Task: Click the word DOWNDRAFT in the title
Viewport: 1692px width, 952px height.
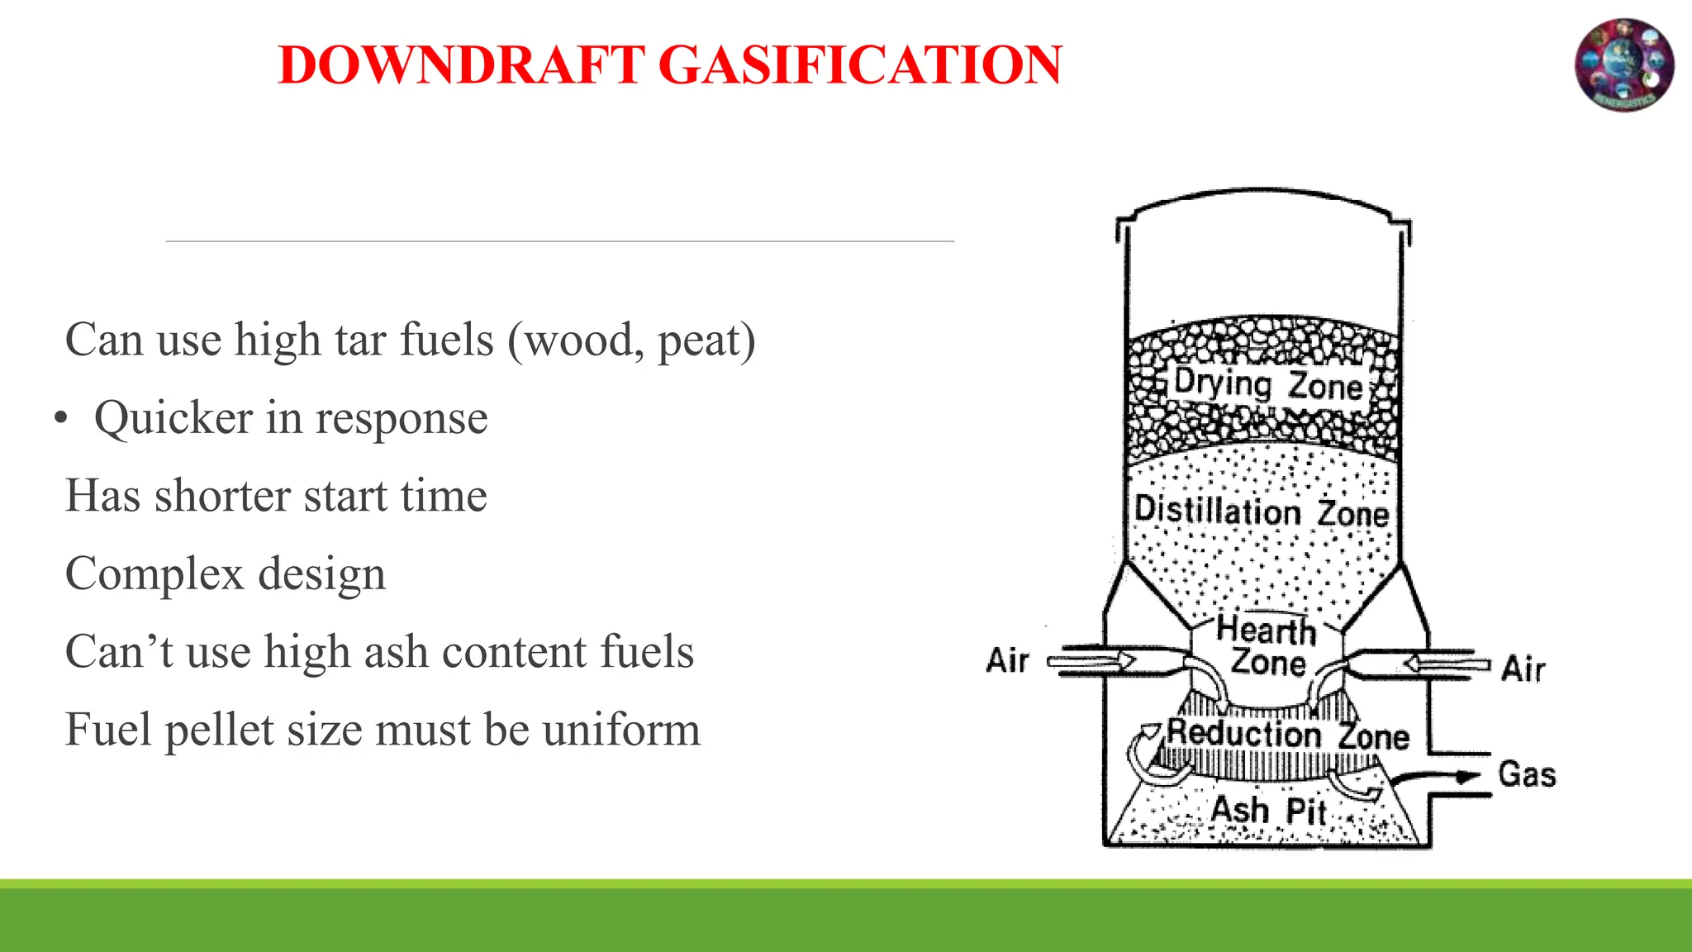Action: (462, 65)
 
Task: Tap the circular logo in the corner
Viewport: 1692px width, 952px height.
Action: (1624, 65)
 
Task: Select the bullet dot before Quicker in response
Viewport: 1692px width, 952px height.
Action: (60, 419)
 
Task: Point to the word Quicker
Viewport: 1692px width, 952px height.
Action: (173, 418)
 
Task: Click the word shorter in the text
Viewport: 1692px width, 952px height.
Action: (222, 496)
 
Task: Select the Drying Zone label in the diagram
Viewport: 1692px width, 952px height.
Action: (1267, 385)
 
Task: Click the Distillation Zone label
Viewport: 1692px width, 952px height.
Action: (1262, 511)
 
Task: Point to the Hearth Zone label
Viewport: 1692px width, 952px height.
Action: (1267, 646)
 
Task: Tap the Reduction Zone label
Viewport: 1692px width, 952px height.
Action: (1287, 734)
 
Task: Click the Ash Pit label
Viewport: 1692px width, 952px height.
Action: (1268, 810)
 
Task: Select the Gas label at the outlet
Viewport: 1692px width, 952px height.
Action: (1527, 775)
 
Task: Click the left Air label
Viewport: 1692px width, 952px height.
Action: (1007, 661)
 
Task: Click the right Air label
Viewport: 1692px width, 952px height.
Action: (1523, 669)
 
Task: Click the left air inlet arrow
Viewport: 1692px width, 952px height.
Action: (1091, 661)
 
